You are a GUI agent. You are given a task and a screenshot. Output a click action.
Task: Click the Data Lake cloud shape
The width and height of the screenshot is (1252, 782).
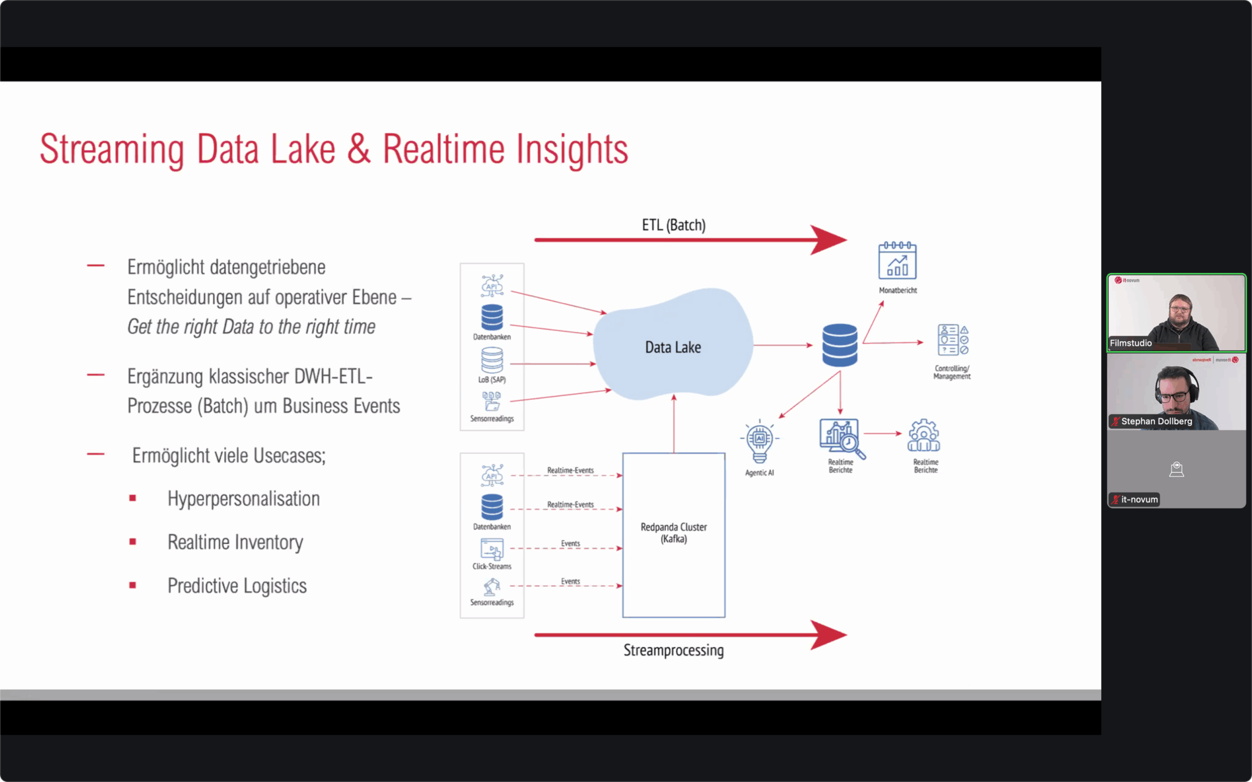point(673,346)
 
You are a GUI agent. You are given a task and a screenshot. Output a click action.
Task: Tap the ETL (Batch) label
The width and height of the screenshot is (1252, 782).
point(674,225)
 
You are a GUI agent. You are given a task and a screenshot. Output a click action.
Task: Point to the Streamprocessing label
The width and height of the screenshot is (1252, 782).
point(673,650)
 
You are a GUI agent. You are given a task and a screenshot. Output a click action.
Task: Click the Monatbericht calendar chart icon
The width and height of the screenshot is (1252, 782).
point(897,261)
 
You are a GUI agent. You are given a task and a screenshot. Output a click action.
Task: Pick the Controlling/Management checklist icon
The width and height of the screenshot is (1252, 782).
point(952,340)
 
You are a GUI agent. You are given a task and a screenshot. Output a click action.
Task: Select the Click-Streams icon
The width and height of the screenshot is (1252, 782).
point(492,549)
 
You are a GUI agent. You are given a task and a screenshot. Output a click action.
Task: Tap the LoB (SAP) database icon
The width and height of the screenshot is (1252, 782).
point(492,360)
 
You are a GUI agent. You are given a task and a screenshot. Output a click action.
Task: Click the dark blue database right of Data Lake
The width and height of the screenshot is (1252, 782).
point(840,345)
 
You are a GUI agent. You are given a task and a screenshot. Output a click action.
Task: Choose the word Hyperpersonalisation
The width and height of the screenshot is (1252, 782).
point(243,499)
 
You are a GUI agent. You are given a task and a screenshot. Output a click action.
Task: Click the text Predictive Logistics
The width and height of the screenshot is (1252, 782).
point(237,586)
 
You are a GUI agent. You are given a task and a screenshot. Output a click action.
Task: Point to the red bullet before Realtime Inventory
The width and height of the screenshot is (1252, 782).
point(133,542)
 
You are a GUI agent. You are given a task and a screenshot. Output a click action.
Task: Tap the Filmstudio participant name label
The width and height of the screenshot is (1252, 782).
point(1130,343)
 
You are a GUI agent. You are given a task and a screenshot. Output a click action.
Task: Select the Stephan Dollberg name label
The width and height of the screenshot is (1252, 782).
point(1156,421)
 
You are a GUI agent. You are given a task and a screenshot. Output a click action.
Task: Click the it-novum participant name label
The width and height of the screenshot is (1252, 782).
point(1139,499)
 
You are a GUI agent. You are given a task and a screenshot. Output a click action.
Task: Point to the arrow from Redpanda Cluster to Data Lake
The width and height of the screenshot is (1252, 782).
point(674,424)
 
